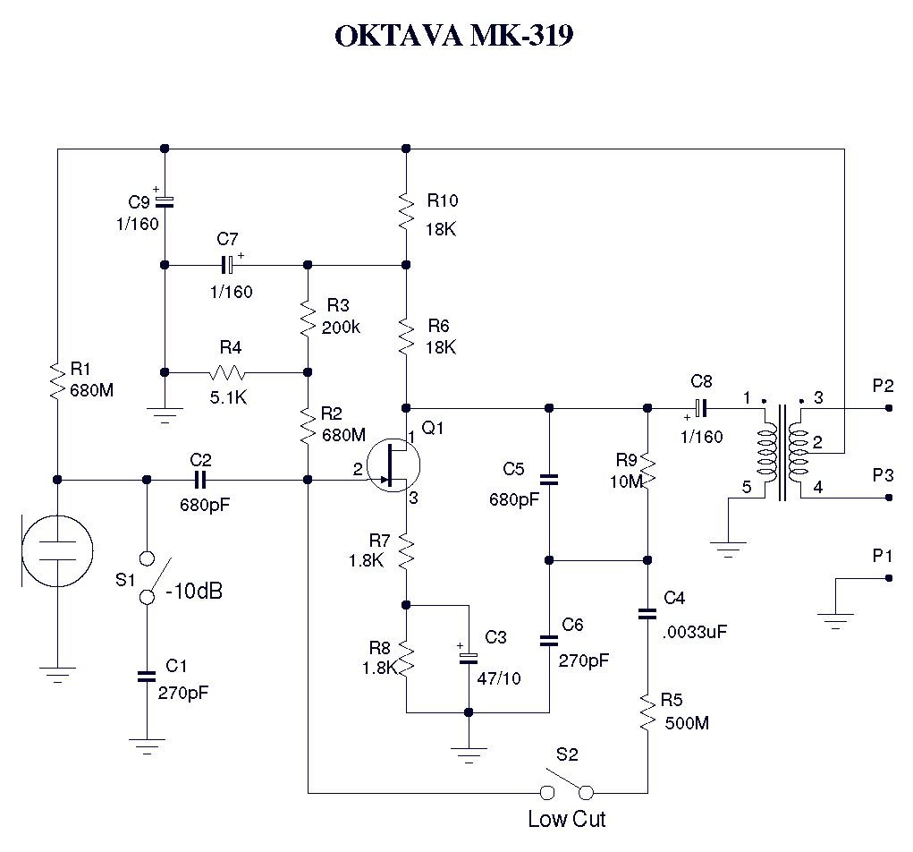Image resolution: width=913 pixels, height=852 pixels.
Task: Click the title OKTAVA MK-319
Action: [453, 36]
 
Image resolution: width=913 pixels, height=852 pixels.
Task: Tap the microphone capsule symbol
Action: [56, 551]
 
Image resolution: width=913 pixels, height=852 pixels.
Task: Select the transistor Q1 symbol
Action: [393, 464]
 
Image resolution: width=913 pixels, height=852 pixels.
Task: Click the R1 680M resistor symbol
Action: [56, 380]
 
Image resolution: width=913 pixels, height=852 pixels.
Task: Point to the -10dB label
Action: [194, 592]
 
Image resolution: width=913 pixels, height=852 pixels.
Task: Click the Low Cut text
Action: [566, 819]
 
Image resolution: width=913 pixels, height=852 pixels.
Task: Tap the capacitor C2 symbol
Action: [200, 480]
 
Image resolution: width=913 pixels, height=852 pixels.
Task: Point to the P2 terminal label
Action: [883, 386]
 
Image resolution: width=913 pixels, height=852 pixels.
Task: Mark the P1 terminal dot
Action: [888, 578]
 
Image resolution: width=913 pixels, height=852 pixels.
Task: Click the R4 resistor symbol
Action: [228, 372]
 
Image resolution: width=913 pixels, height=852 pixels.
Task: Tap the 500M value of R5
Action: [688, 723]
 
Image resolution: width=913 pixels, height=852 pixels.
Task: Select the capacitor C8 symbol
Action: [702, 408]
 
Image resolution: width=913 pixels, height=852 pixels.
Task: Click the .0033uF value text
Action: [695, 631]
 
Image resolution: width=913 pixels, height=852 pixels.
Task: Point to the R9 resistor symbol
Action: [647, 472]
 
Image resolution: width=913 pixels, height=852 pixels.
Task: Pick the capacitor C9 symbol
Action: [165, 200]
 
